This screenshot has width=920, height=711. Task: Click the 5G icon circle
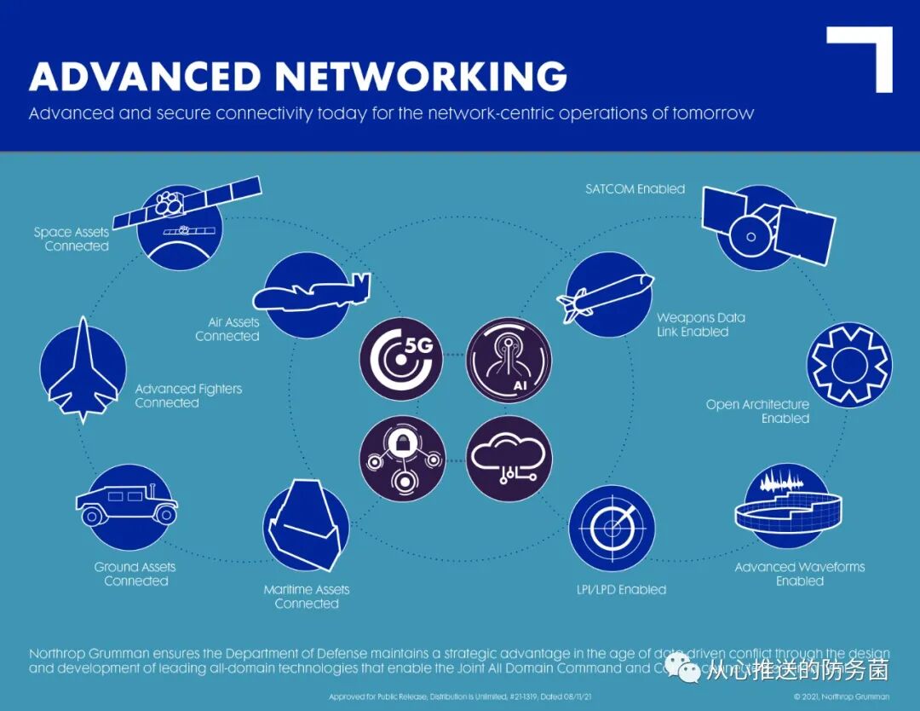pos(401,360)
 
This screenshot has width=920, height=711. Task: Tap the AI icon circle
pos(509,360)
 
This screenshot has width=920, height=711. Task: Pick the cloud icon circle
pos(509,459)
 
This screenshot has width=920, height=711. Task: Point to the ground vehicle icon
pos(128,503)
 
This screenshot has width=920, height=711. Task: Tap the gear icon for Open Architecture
pos(848,366)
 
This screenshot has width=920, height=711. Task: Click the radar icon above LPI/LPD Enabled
pos(612,528)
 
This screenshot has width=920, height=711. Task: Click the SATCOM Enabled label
pos(635,189)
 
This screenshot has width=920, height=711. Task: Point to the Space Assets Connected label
pos(72,239)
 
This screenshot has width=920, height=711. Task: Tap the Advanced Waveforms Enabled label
pos(799,574)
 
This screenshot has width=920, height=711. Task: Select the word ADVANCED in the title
pos(145,77)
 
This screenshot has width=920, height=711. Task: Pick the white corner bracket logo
pos(860,58)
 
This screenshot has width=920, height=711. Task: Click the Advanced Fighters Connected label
pos(188,396)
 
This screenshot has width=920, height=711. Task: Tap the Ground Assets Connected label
pos(135,574)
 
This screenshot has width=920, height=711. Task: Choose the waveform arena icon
pos(787,507)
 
